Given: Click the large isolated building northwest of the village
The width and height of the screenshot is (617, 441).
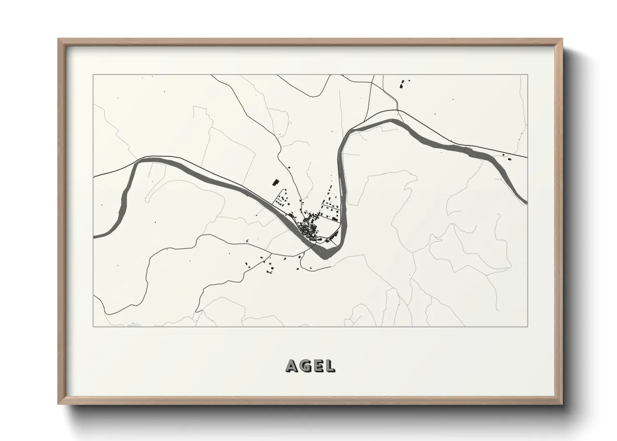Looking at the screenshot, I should coord(275,182).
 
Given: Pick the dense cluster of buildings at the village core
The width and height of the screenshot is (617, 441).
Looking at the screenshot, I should coord(307,228).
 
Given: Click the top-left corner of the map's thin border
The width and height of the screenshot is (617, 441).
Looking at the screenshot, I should coord(93,75).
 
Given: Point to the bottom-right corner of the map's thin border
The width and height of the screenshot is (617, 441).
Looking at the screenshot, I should coord(527,326).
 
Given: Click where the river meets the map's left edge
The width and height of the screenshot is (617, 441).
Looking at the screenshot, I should coord(94,236).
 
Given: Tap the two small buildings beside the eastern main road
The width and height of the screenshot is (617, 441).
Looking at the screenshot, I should coord(507,157).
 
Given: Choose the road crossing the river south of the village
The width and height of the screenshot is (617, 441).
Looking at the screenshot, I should coord(312,248).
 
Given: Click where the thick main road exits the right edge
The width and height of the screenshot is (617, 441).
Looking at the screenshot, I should coord(527,158).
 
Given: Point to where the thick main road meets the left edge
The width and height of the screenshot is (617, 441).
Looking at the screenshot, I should coord(94,177).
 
